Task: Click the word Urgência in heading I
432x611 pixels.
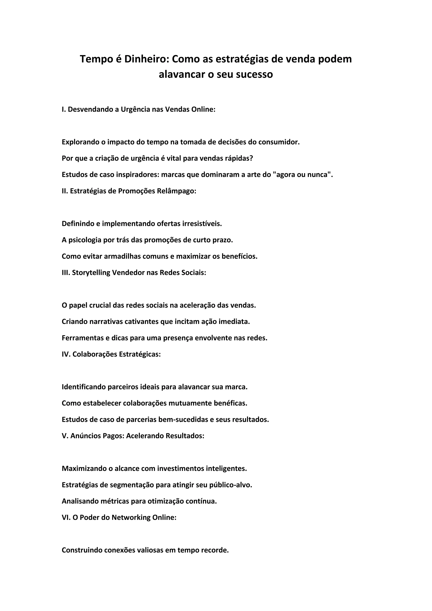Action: pos(135,109)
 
